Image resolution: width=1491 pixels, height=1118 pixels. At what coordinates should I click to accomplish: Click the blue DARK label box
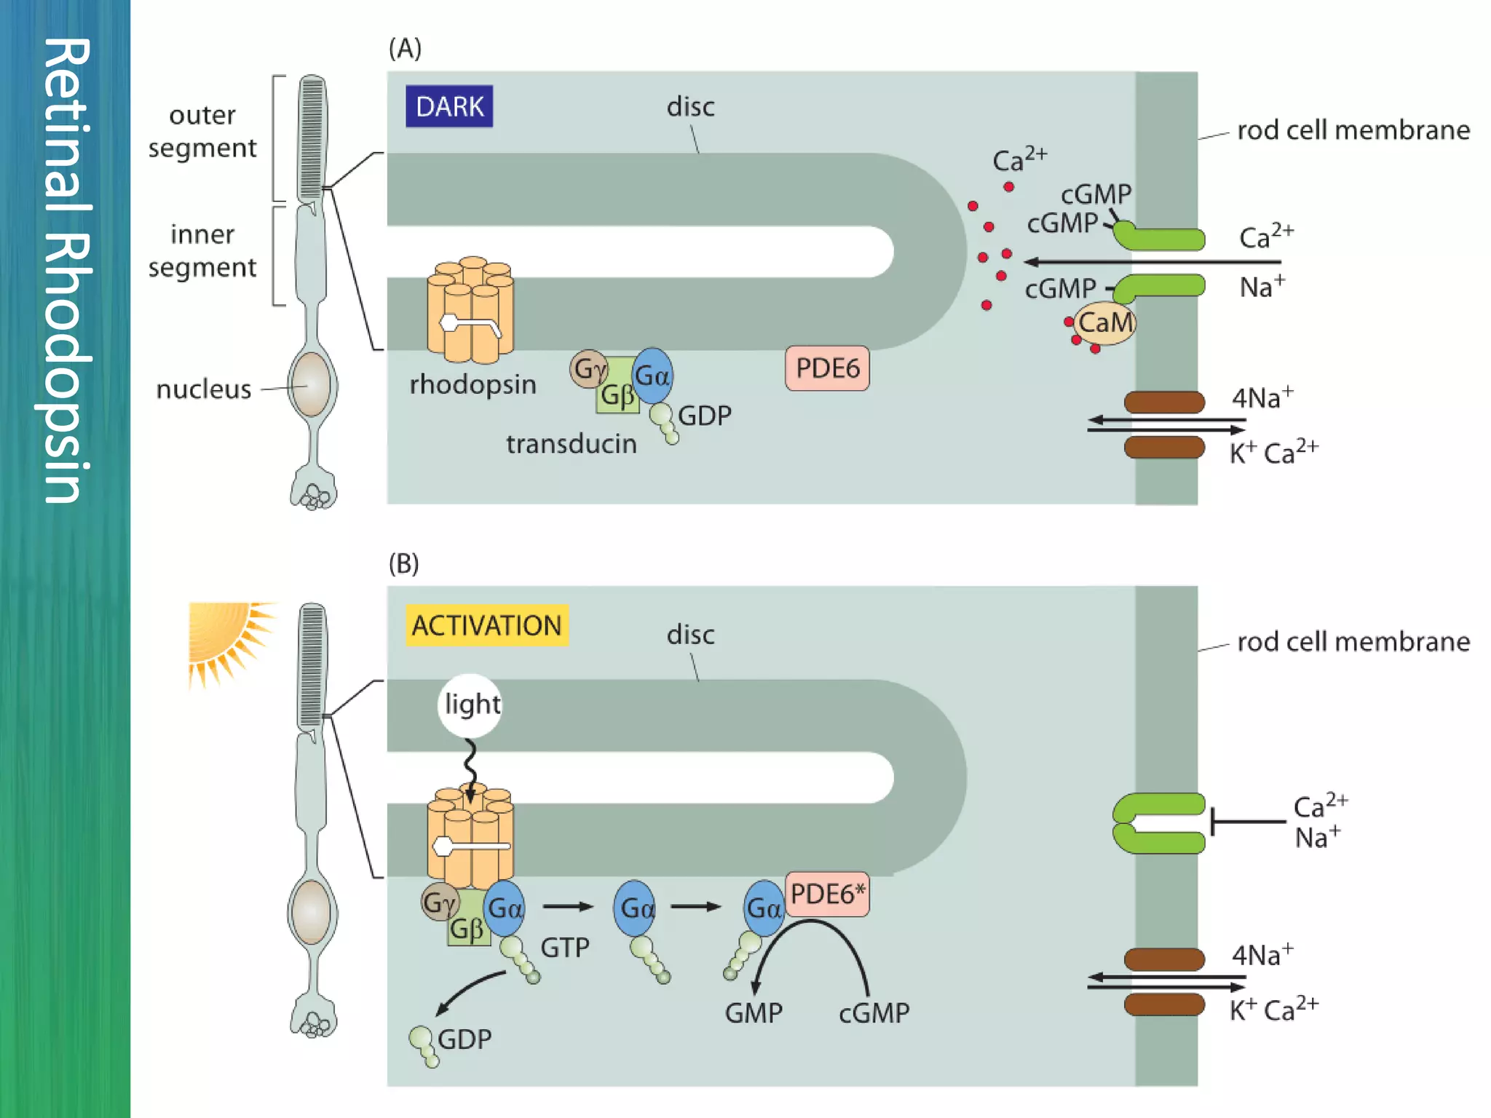[449, 106]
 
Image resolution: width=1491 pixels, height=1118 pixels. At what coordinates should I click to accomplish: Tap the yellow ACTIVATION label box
[486, 626]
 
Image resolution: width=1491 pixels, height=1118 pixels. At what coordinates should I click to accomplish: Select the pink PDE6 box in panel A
[827, 368]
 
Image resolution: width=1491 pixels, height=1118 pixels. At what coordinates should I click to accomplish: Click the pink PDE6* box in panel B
[828, 894]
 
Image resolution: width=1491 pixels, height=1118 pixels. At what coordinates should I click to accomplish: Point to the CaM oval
[1104, 322]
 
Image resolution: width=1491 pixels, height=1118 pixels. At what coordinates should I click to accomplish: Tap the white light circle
[471, 705]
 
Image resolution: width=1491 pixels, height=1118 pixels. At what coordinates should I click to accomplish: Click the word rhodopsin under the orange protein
[472, 384]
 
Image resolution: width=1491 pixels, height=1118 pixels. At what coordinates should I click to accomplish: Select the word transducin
[572, 444]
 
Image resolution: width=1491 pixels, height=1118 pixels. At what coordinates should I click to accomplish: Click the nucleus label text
[204, 389]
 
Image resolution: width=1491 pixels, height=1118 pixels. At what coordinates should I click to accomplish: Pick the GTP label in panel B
[565, 948]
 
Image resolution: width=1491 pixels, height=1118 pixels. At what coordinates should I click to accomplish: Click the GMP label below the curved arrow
[754, 1013]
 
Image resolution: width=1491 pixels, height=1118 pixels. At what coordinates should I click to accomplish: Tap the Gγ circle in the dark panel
[588, 369]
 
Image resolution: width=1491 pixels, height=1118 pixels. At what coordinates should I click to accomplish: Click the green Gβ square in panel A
[617, 394]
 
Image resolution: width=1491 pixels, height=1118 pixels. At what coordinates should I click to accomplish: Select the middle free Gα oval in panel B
[635, 908]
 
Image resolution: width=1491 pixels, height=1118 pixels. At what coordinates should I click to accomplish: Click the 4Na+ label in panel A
[1262, 398]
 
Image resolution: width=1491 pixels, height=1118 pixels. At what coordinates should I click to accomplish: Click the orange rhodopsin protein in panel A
[470, 311]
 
